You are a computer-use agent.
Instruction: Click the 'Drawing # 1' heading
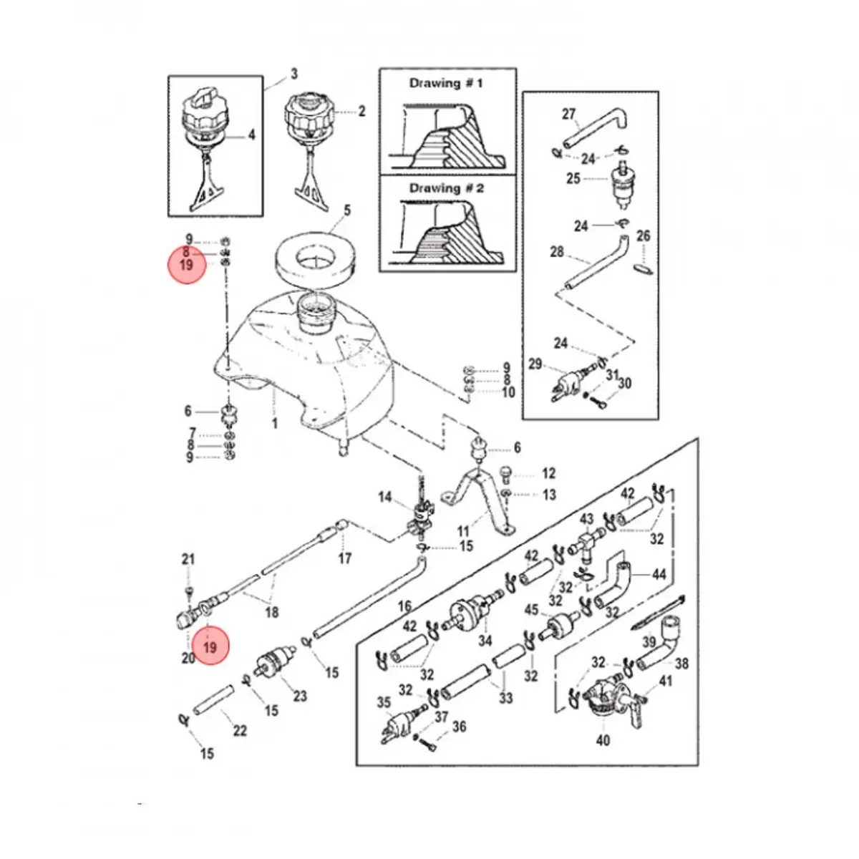click(446, 83)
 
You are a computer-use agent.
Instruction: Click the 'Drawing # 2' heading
click(446, 188)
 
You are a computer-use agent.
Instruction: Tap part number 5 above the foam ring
click(346, 210)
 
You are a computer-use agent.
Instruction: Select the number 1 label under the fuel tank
click(275, 423)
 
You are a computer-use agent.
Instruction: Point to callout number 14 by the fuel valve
click(385, 497)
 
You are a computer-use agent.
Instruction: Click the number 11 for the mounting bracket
click(464, 531)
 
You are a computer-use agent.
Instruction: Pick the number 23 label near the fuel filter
click(300, 695)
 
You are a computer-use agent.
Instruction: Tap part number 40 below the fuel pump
click(603, 740)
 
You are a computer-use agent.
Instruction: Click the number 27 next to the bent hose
click(569, 115)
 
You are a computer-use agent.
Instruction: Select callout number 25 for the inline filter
click(573, 179)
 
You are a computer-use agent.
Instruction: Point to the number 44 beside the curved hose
click(659, 575)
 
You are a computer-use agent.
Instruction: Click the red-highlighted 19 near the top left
click(187, 264)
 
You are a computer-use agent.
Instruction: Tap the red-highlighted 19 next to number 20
click(210, 647)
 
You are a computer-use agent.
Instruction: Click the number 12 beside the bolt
click(548, 473)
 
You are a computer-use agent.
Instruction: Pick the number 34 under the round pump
click(485, 641)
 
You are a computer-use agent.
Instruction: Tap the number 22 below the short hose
click(240, 731)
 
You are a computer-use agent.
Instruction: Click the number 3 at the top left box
click(293, 74)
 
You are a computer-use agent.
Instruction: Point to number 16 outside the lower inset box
click(404, 606)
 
